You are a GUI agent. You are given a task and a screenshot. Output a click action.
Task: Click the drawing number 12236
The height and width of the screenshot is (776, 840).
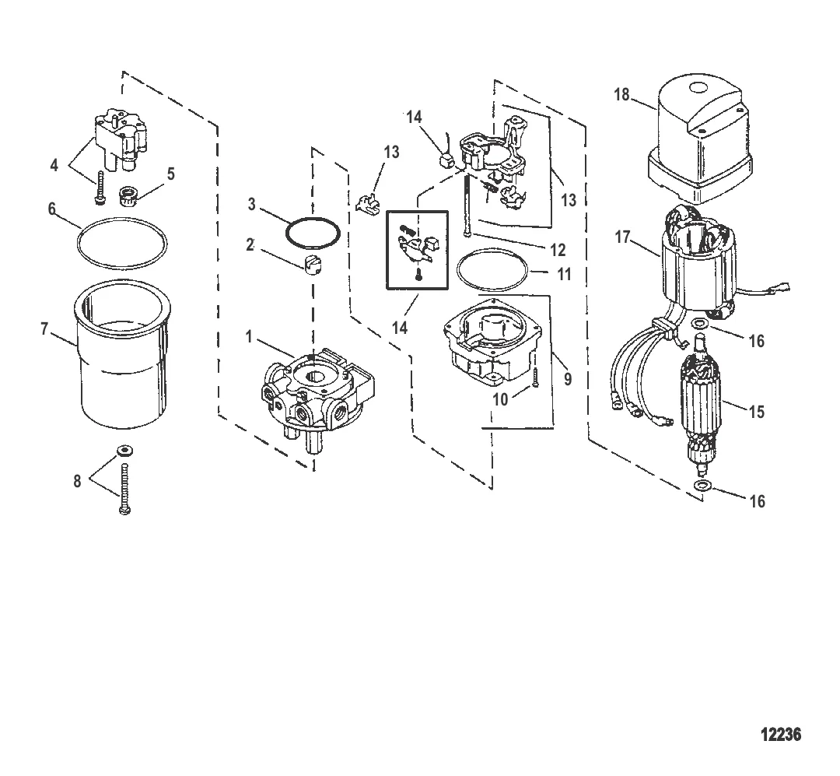(x=781, y=734)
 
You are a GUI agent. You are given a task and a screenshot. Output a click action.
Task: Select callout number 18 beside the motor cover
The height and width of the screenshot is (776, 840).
(x=621, y=95)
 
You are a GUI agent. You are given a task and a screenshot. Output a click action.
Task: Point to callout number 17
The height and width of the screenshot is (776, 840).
(x=622, y=237)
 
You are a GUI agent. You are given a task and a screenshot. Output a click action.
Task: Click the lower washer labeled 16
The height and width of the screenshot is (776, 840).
(x=703, y=486)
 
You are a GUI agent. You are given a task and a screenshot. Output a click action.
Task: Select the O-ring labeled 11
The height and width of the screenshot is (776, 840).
(x=492, y=270)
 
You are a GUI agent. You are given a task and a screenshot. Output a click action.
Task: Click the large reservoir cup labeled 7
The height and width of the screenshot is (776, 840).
(x=120, y=354)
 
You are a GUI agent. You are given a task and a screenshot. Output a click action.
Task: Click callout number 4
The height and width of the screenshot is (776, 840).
(x=54, y=165)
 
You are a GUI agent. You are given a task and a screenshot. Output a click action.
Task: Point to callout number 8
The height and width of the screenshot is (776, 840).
(x=77, y=481)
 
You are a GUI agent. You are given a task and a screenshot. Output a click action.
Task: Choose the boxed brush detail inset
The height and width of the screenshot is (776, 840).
(x=418, y=250)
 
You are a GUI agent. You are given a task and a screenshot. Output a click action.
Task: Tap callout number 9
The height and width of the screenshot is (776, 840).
(x=568, y=379)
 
